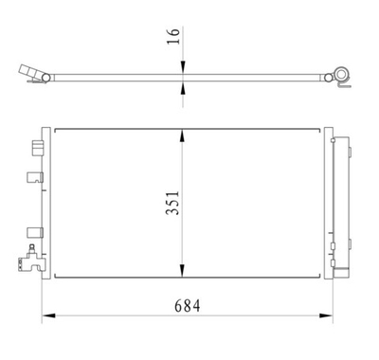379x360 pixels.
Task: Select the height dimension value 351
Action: point(171,202)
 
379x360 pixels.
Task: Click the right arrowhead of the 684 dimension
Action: point(326,315)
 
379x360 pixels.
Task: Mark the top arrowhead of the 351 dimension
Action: point(183,134)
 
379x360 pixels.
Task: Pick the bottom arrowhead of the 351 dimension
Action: point(183,272)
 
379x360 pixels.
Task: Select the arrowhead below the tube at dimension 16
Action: point(183,87)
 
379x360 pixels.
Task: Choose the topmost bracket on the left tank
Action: point(37,147)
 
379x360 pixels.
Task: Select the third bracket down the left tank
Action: point(36,230)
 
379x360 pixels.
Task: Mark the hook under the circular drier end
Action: point(344,88)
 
